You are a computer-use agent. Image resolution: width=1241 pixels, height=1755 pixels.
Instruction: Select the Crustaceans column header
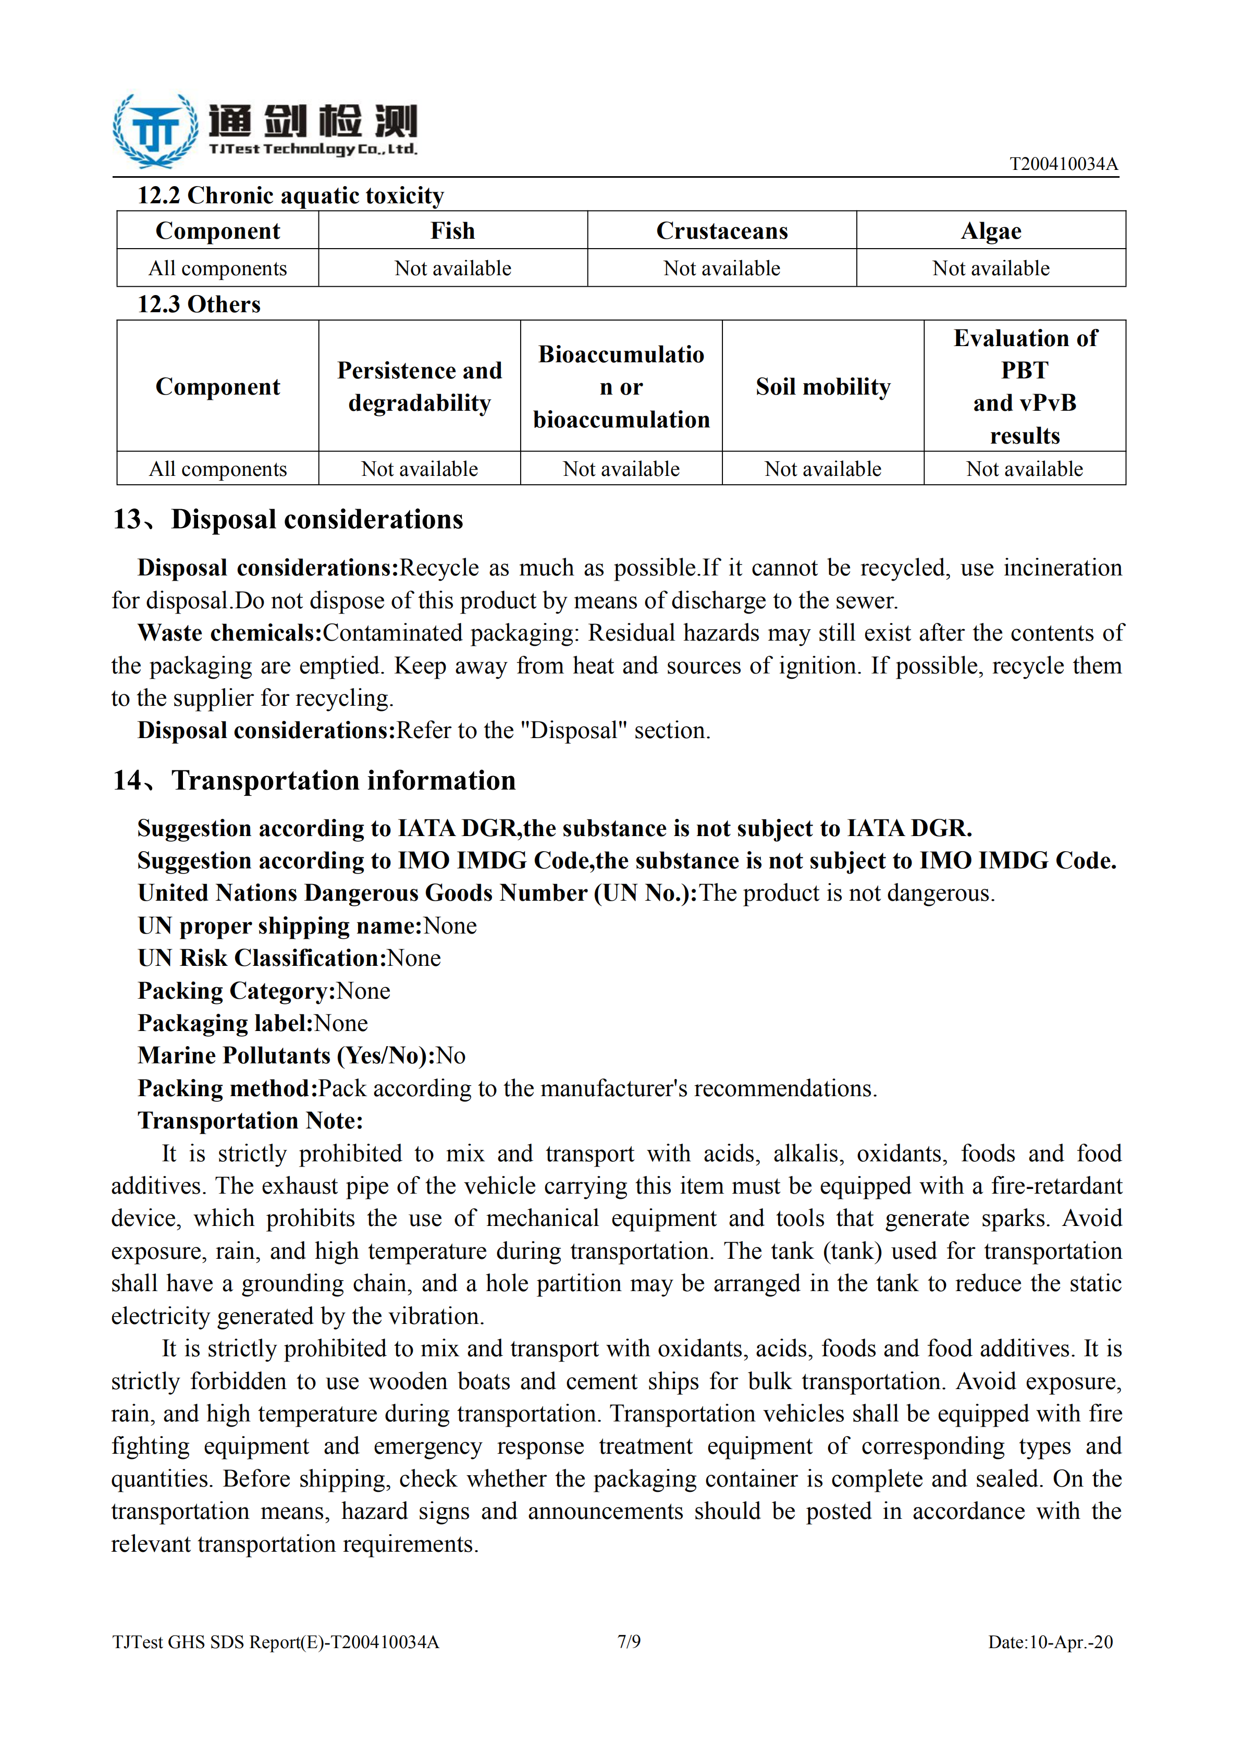[721, 231]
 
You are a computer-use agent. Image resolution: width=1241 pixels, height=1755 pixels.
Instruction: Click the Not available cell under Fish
[452, 268]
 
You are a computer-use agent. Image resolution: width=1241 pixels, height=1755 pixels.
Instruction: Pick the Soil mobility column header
[823, 387]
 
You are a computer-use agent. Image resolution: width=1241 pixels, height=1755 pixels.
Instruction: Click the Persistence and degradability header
[420, 387]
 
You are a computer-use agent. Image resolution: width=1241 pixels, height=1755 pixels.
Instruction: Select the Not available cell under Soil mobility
[823, 469]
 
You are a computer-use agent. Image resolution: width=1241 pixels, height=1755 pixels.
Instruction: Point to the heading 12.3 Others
[199, 304]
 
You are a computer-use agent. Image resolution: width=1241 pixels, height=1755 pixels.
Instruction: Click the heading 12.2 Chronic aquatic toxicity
[290, 195]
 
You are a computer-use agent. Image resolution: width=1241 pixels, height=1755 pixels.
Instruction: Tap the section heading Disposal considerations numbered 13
[288, 520]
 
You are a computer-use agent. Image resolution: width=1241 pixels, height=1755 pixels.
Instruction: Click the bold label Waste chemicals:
[229, 633]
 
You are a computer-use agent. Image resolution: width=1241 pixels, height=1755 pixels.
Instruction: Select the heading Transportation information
[314, 780]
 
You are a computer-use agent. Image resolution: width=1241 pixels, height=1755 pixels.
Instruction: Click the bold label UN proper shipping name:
[280, 926]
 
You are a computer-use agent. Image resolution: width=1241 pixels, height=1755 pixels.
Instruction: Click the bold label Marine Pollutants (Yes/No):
[286, 1056]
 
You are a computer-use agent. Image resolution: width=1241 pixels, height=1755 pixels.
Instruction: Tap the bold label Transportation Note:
[250, 1121]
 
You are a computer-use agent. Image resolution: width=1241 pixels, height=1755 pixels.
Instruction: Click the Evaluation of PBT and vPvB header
[1024, 387]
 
